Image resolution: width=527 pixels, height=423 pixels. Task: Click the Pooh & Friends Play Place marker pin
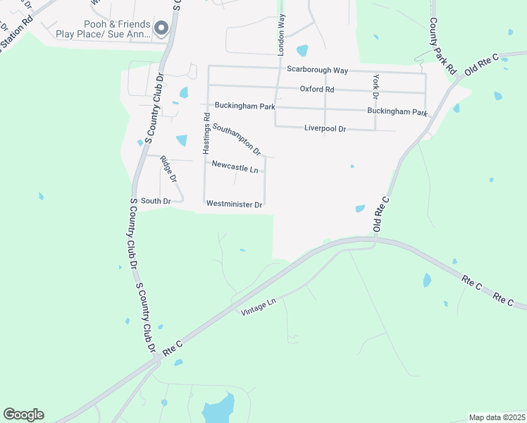(x=161, y=28)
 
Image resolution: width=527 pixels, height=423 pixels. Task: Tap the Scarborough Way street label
(x=318, y=70)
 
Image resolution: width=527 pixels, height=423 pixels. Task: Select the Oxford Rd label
(x=316, y=90)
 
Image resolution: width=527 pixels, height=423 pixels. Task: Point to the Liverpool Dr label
(x=325, y=129)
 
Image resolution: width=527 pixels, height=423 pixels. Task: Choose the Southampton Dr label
(x=237, y=140)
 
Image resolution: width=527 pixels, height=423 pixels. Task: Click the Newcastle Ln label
(x=235, y=168)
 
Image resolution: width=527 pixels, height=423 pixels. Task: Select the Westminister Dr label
(x=234, y=204)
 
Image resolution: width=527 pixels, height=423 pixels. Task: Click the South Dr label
(x=156, y=202)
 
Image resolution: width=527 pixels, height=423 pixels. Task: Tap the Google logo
(x=23, y=415)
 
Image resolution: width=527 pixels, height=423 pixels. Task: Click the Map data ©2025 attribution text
(x=496, y=417)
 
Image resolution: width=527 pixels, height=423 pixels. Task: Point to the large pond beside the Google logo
(x=218, y=409)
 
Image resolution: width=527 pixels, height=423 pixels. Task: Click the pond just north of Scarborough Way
(x=302, y=50)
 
